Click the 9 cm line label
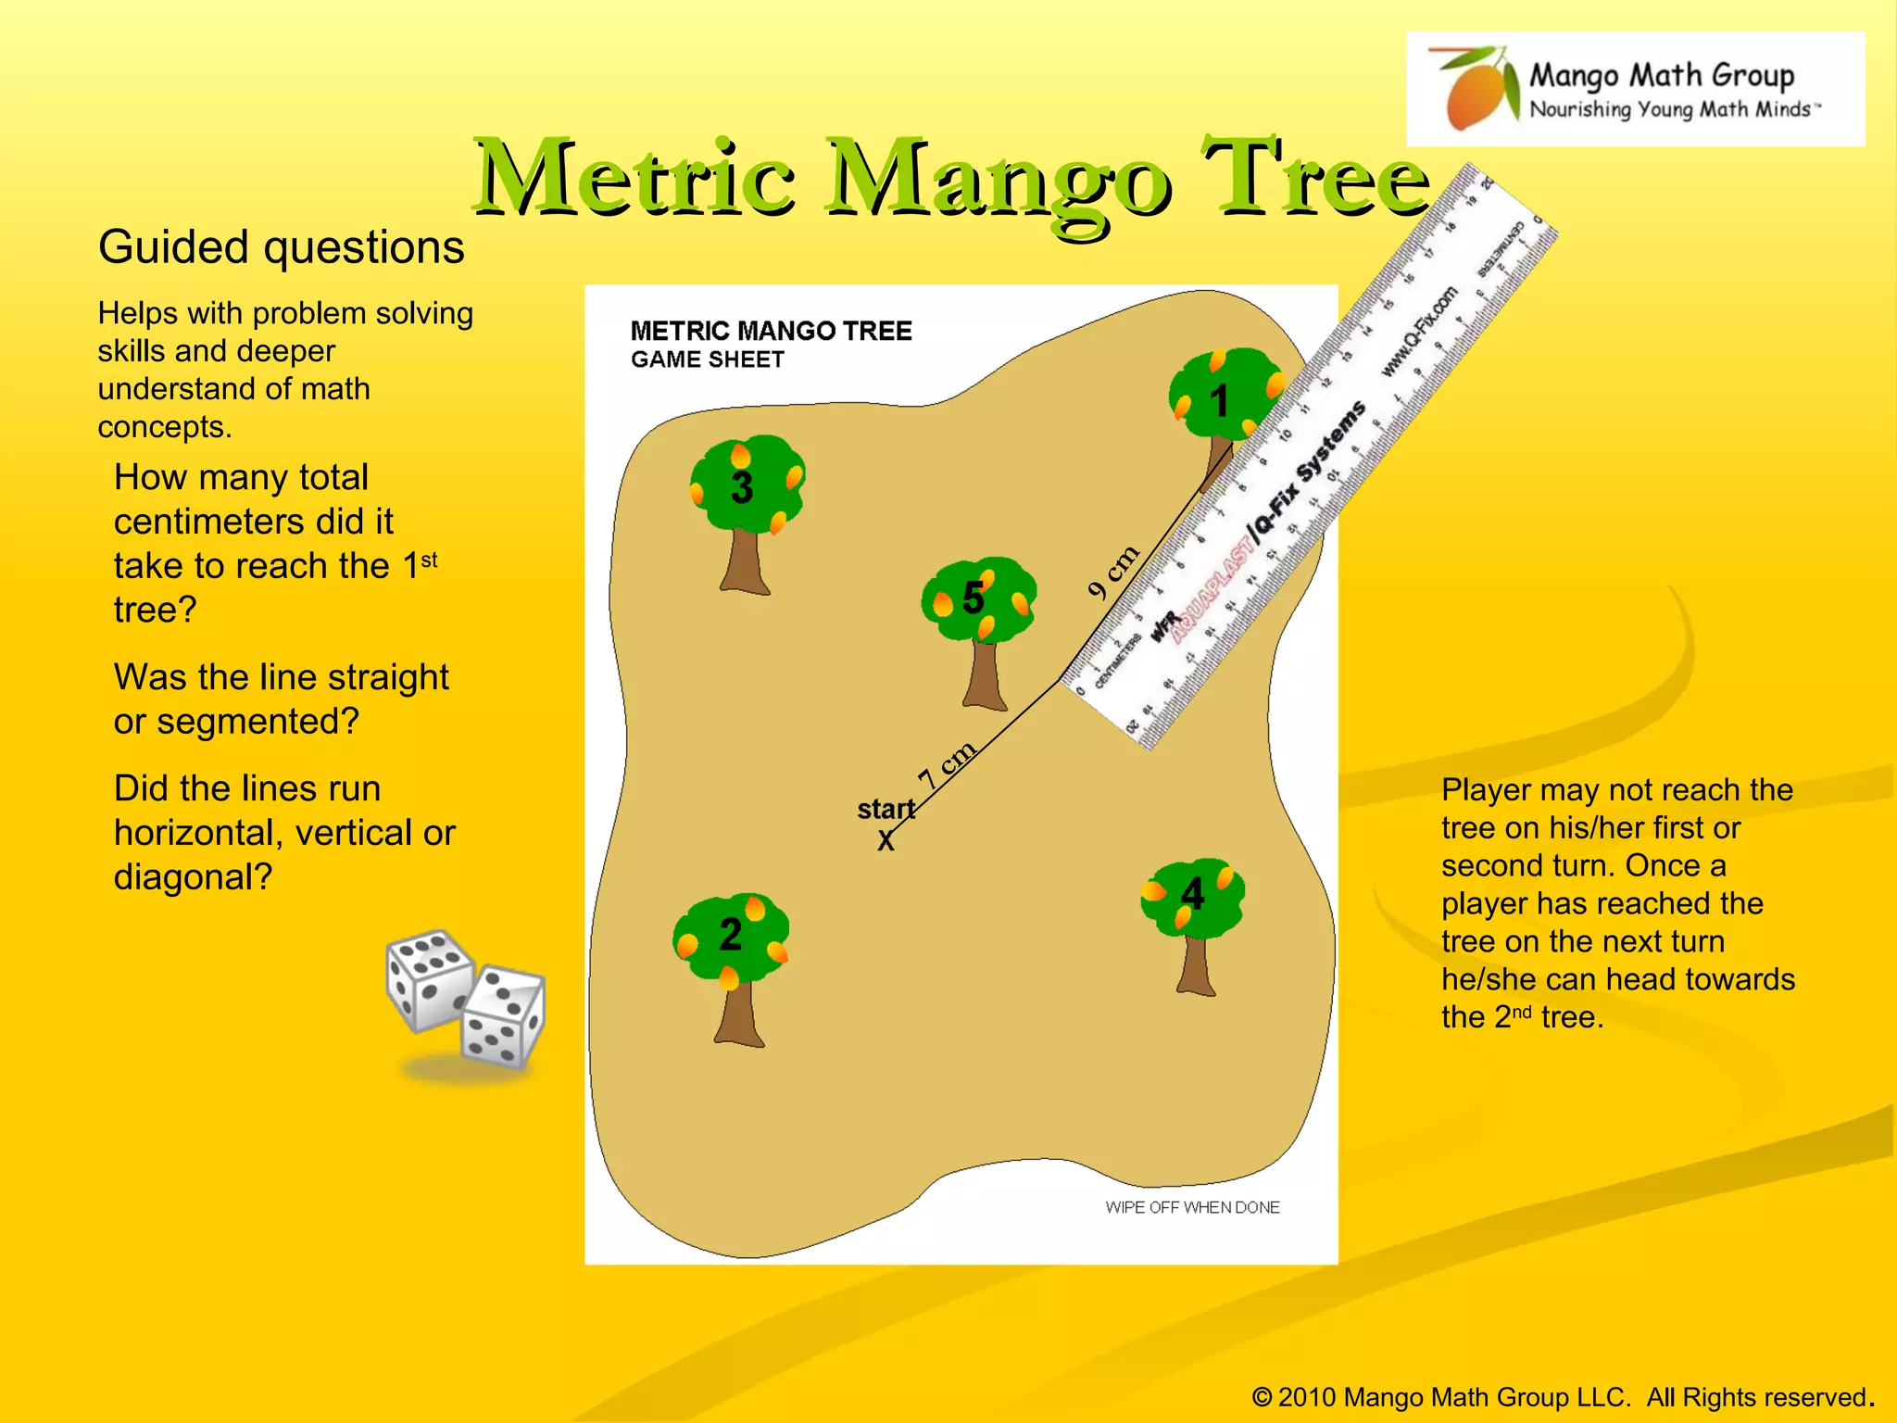coord(1112,572)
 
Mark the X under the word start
coord(886,841)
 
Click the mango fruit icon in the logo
coord(1478,91)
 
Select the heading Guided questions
coord(281,247)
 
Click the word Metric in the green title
coord(634,178)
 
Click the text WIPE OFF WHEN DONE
coord(1192,1207)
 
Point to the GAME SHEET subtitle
coord(707,359)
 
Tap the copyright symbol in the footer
coord(1261,1397)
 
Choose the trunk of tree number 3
coord(745,561)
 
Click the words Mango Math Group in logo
coord(1661,74)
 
